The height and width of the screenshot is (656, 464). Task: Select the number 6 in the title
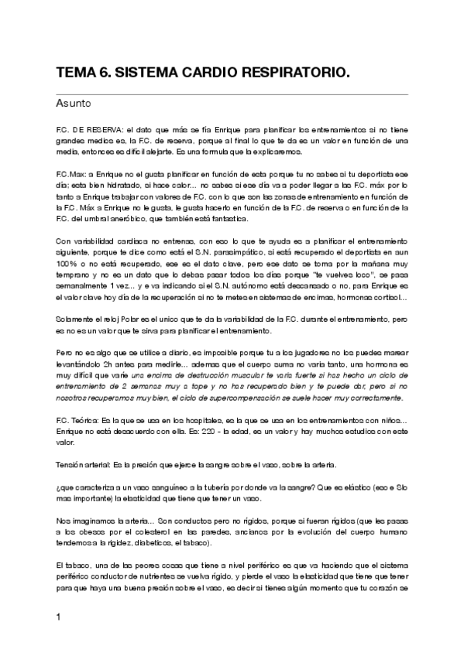(x=104, y=73)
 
